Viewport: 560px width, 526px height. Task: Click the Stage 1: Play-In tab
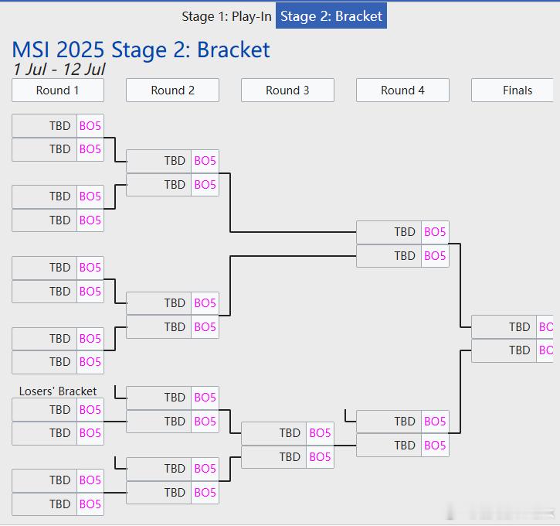point(226,16)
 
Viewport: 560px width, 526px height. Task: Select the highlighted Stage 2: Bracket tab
point(331,15)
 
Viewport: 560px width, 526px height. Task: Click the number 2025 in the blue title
point(80,50)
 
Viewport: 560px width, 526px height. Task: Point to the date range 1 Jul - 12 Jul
point(59,70)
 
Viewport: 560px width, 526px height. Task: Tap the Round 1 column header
point(58,91)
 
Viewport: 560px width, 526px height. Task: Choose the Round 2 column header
point(172,91)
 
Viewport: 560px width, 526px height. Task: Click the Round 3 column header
point(287,91)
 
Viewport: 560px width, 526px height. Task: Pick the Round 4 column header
point(402,91)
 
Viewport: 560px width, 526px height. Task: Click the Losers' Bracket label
point(58,391)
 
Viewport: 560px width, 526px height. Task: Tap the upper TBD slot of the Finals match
point(504,327)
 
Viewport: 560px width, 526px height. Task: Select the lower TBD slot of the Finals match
point(504,350)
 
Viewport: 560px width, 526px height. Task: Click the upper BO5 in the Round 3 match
point(320,433)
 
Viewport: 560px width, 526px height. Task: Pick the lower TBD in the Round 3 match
point(273,457)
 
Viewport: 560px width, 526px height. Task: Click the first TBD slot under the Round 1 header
point(44,126)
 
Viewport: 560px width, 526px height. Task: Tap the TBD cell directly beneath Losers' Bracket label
point(44,410)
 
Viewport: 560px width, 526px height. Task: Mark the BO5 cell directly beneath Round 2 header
point(205,161)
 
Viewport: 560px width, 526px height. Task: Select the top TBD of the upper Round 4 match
point(389,232)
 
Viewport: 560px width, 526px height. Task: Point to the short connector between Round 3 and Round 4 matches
point(345,446)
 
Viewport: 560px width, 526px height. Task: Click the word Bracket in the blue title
point(233,50)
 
